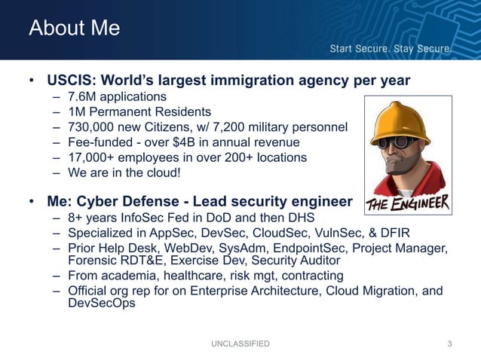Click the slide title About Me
[74, 28]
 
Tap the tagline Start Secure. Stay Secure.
[391, 50]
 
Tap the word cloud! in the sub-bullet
[164, 172]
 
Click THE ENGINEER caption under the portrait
[408, 203]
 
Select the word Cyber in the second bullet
[102, 202]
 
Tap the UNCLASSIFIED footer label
[240, 344]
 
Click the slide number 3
[449, 344]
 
